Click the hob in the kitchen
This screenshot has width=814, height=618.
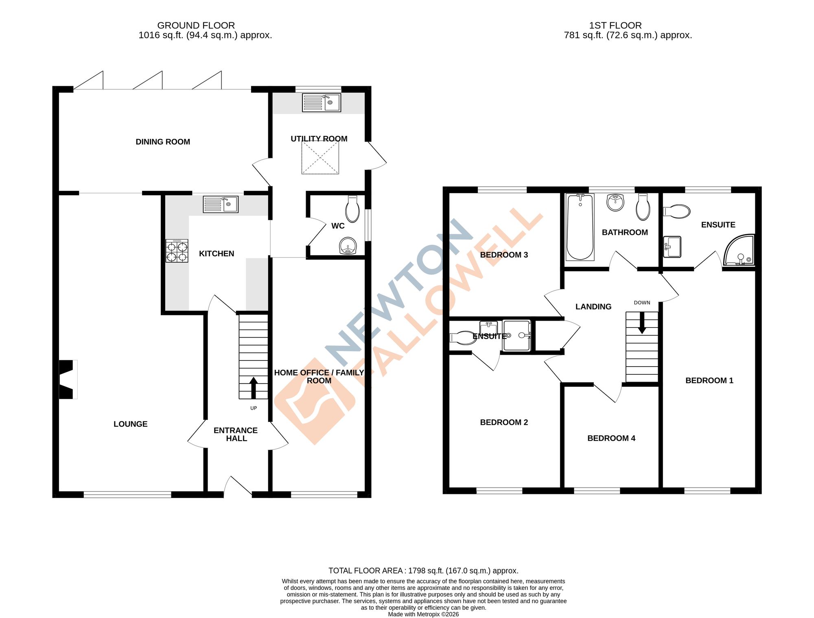click(177, 251)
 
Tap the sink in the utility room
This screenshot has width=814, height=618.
click(321, 103)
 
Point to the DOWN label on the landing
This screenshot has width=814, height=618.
click(642, 303)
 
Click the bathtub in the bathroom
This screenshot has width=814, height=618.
click(580, 227)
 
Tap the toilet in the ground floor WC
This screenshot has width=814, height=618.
click(352, 208)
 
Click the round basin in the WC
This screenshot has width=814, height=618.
click(348, 246)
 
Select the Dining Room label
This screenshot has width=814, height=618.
click(163, 142)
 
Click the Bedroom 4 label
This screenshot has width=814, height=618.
click(611, 438)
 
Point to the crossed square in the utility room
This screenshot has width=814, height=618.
click(320, 158)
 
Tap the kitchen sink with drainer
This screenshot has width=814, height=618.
click(221, 204)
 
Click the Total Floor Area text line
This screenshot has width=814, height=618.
click(423, 571)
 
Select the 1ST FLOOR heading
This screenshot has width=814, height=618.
click(615, 25)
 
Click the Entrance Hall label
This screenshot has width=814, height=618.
click(236, 434)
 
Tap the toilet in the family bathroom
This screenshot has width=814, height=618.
click(643, 207)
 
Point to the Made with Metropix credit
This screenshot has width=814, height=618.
click(423, 614)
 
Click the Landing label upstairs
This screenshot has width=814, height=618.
click(593, 307)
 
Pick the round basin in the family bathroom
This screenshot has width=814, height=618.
click(615, 202)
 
